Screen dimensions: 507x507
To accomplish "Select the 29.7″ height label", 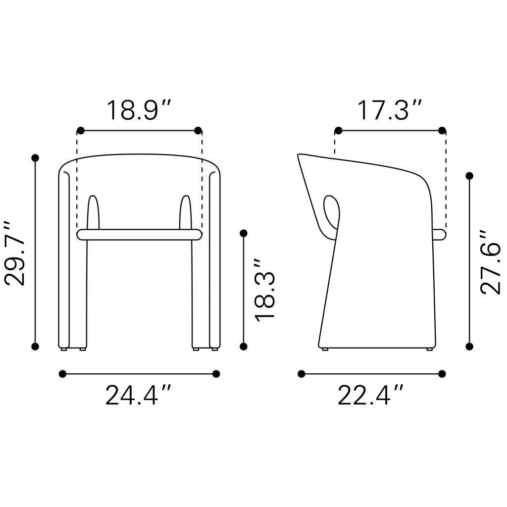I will pyautogui.click(x=15, y=253).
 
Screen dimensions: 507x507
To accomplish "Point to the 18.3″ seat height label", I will pyautogui.click(x=264, y=289).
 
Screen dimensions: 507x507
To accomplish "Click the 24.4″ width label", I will pyautogui.click(x=139, y=396).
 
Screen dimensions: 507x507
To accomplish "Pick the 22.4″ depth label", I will pyautogui.click(x=371, y=396).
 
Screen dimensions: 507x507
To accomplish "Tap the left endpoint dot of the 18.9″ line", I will pyautogui.click(x=81, y=131).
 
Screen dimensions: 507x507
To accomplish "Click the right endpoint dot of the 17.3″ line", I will pyautogui.click(x=442, y=131).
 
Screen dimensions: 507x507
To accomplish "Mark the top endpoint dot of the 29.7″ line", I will pyautogui.click(x=35, y=158).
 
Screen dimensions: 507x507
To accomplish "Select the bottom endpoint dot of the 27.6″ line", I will pyautogui.click(x=469, y=346).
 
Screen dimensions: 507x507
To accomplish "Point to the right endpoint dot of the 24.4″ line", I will pyautogui.click(x=216, y=374).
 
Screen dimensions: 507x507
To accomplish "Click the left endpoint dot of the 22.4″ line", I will pyautogui.click(x=302, y=374).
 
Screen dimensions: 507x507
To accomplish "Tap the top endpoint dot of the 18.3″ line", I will pyautogui.click(x=243, y=233).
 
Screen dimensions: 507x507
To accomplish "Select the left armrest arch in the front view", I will pyautogui.click(x=93, y=213).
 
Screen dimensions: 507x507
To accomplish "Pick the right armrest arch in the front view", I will pyautogui.click(x=185, y=213).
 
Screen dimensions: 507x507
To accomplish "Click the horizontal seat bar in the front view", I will pyautogui.click(x=139, y=235).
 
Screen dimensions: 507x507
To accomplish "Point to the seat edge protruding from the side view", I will pyautogui.click(x=438, y=235).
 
